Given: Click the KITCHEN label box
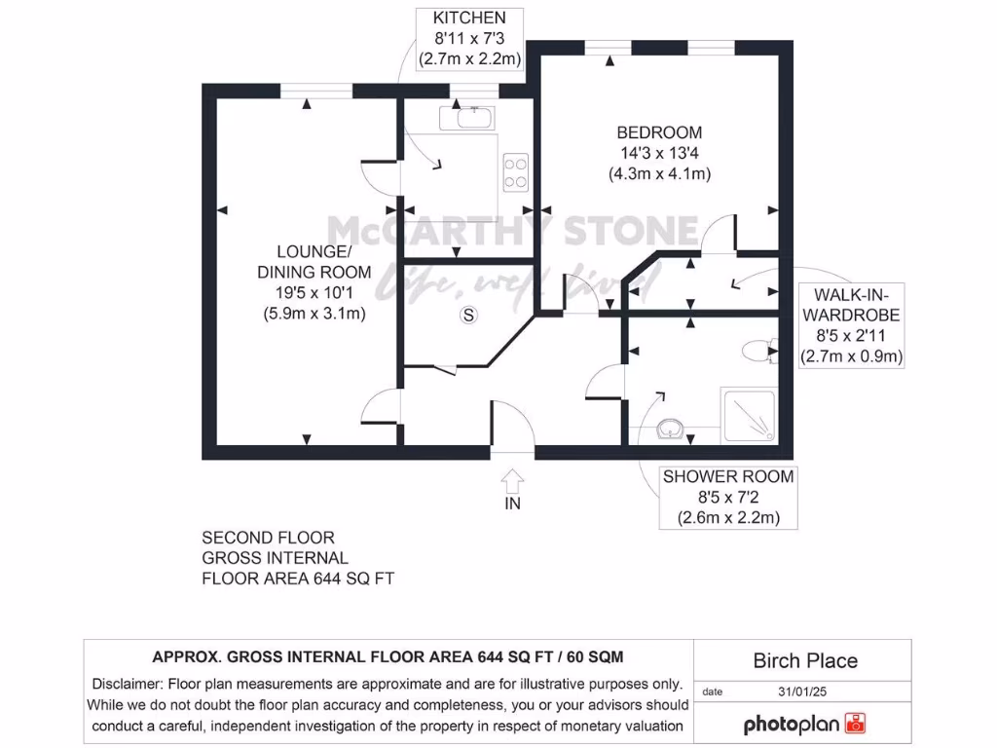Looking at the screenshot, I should (469, 39).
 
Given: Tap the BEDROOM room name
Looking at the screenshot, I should (659, 132).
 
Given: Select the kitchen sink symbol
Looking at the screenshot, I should (467, 119).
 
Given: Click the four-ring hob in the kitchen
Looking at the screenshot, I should (515, 172).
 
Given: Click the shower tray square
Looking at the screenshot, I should (749, 416).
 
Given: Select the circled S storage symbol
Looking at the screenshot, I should (469, 315).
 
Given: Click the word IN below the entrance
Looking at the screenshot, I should (512, 504).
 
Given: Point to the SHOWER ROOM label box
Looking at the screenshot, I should (727, 497).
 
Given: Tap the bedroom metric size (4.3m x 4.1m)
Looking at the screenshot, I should (659, 174).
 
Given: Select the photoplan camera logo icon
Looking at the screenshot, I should (855, 724).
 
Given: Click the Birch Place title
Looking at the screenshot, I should (805, 661).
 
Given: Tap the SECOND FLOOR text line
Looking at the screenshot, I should (268, 538).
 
